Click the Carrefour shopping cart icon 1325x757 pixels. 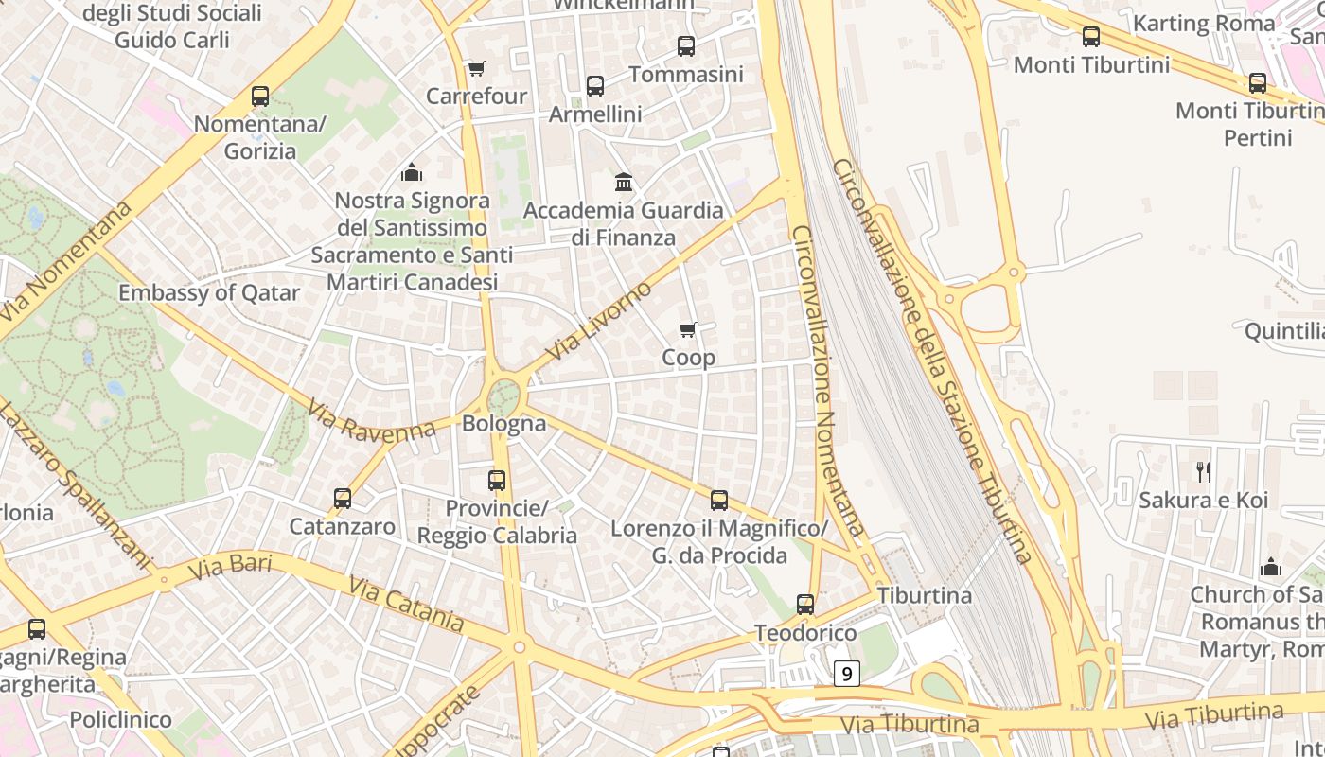[476, 69]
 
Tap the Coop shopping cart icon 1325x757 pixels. [688, 330]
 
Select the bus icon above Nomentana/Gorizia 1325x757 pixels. [260, 97]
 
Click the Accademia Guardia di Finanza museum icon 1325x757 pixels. [624, 182]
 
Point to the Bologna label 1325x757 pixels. [503, 423]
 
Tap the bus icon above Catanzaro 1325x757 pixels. [343, 499]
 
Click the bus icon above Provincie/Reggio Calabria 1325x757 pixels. [497, 481]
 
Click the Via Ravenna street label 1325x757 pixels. [370, 422]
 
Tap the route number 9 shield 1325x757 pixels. [846, 674]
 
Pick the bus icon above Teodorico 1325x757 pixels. [805, 605]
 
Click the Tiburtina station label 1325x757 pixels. [924, 595]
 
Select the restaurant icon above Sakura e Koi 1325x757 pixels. [1204, 471]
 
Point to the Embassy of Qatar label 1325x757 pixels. [208, 292]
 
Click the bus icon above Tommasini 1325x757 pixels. [686, 45]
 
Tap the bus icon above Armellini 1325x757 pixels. [595, 86]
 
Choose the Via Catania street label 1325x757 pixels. [406, 604]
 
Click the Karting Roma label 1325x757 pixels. [1203, 23]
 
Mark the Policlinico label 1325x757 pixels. [121, 719]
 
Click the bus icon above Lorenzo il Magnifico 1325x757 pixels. [719, 501]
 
